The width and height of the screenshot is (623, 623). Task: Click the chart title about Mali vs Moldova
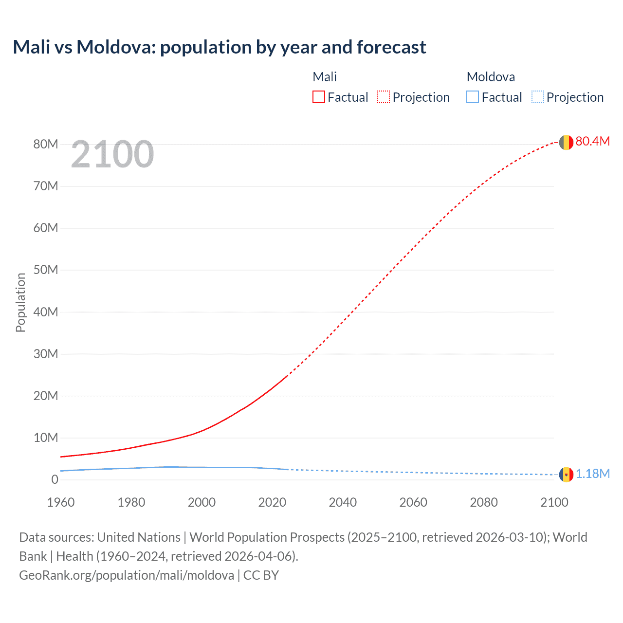[x=220, y=47]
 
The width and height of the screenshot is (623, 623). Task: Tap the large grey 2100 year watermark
[x=112, y=154]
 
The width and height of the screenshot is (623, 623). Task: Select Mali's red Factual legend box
[x=318, y=97]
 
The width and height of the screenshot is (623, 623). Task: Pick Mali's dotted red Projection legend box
[x=384, y=97]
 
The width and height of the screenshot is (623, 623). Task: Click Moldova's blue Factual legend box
[x=473, y=97]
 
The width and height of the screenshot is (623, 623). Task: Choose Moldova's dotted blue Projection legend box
[x=537, y=97]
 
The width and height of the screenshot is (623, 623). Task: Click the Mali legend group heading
[x=325, y=77]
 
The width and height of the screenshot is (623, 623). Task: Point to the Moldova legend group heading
[x=491, y=77]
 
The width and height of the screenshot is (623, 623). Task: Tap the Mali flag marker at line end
[x=566, y=142]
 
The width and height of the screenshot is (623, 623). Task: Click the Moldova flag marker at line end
[x=566, y=474]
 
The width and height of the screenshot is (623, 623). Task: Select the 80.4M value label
[x=592, y=141]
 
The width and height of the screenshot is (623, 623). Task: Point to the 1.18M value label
[x=593, y=474]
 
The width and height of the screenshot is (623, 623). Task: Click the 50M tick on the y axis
[x=46, y=270]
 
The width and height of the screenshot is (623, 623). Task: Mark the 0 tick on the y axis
[x=55, y=479]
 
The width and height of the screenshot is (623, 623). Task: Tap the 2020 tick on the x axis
[x=272, y=502]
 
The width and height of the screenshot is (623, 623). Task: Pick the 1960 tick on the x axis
[x=61, y=502]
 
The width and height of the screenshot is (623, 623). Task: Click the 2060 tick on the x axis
[x=413, y=502]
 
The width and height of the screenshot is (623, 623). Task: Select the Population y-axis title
[x=20, y=302]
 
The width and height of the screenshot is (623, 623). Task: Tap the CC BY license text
[x=261, y=575]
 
